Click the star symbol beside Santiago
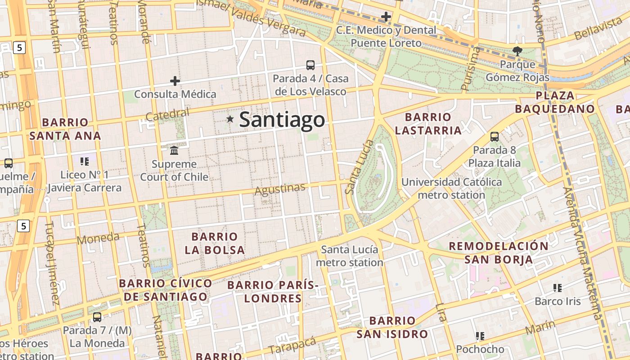[x=230, y=119]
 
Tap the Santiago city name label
[x=282, y=120]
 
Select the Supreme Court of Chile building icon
[x=174, y=150]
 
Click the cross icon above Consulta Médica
[x=175, y=81]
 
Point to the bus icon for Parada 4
[x=310, y=65]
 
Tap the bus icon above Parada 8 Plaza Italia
[x=495, y=136]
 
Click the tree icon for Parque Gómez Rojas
[x=517, y=51]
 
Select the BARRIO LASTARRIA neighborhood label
[x=428, y=124]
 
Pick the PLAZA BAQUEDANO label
[x=555, y=102]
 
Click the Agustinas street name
[x=279, y=189]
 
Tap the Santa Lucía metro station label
[x=350, y=256]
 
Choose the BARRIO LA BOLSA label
[x=215, y=243]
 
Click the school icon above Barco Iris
[x=558, y=288]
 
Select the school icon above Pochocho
[x=480, y=336]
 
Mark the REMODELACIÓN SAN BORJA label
[x=499, y=252]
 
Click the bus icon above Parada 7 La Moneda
[x=97, y=317]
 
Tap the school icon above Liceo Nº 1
[x=85, y=161]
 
